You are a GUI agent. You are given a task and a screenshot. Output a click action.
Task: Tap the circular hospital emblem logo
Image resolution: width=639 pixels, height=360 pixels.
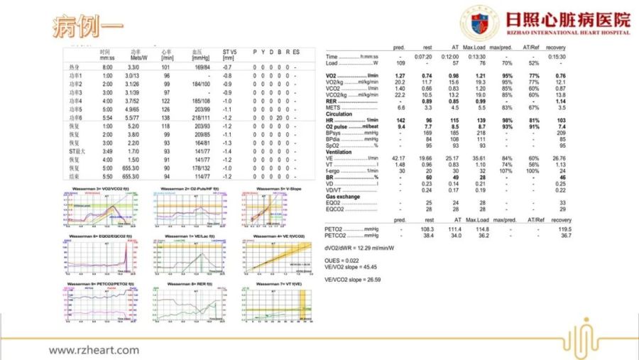tap(480, 23)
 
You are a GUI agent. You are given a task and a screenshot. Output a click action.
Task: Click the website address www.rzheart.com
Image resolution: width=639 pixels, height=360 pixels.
tap(94, 349)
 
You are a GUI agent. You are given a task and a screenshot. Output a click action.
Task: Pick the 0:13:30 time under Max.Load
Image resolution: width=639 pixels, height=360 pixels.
tap(475, 56)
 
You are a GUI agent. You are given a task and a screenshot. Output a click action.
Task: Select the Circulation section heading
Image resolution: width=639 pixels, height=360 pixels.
tap(340, 114)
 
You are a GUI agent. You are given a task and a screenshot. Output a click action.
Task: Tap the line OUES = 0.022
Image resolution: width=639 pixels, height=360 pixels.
tap(344, 261)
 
